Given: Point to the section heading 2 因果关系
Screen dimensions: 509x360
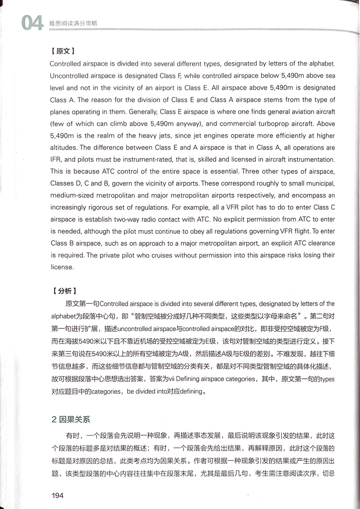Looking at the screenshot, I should pyautogui.click(x=71, y=419).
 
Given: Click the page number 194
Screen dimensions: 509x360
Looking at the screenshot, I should pyautogui.click(x=58, y=495).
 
